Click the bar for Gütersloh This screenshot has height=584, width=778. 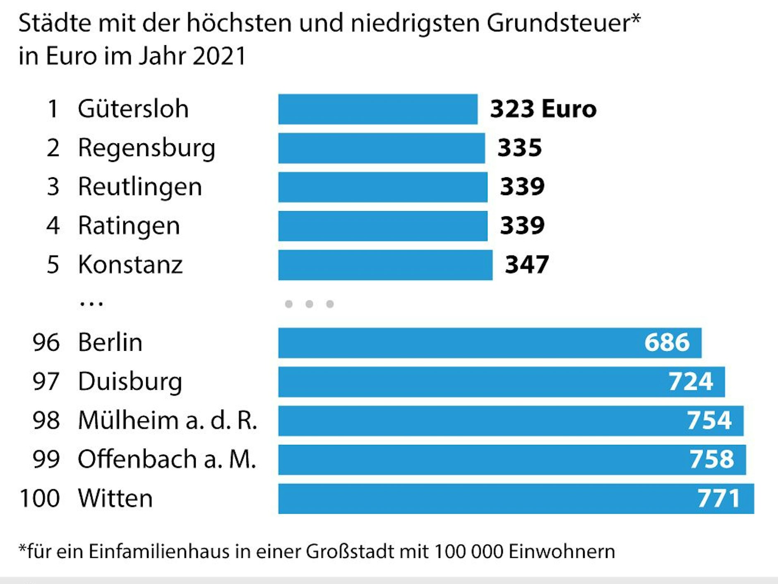click(x=377, y=109)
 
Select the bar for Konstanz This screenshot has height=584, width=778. click(x=385, y=265)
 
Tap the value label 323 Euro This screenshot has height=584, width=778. click(x=543, y=109)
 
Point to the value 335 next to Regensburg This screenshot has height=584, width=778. click(x=519, y=148)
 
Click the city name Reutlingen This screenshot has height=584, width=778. click(x=140, y=187)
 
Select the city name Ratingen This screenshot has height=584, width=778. click(x=129, y=226)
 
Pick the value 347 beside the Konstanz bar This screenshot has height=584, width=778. click(x=527, y=265)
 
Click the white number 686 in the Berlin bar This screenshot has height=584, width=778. click(x=667, y=343)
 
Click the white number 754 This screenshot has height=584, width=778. click(x=709, y=420)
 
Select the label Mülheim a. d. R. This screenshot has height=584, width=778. click(x=168, y=420)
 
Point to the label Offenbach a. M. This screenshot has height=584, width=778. click(x=167, y=459)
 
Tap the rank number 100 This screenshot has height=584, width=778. click(x=40, y=498)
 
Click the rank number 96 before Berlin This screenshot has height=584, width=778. click(x=46, y=343)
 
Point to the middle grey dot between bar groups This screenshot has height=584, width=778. click(x=309, y=304)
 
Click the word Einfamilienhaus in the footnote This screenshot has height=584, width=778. click(x=158, y=552)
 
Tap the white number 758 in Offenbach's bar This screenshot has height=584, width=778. click(x=711, y=459)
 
